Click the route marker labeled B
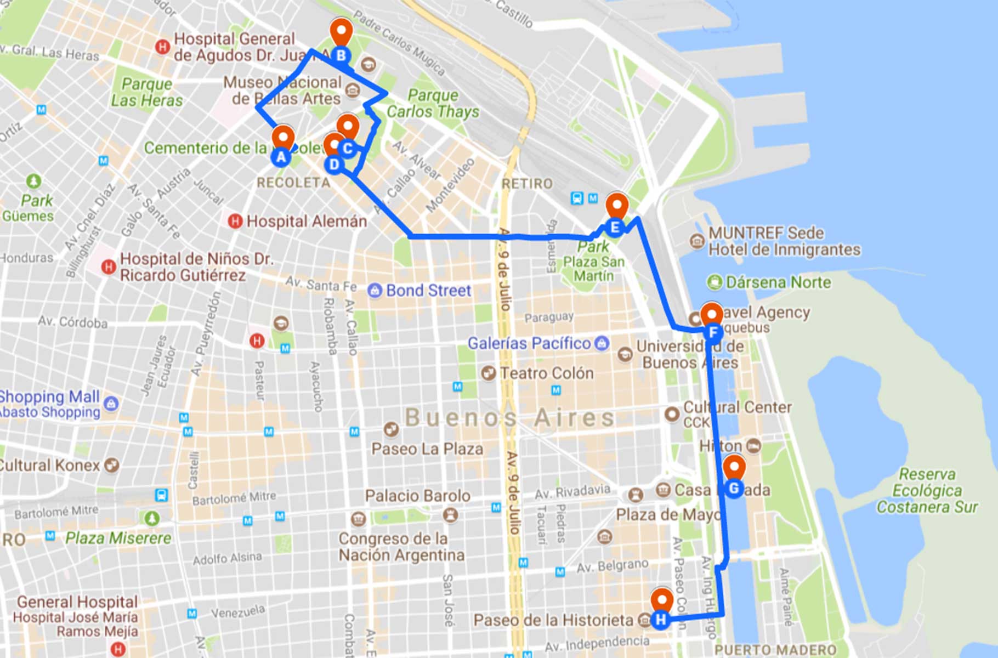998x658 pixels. pos(341,55)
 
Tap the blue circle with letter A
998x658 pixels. pos(281,157)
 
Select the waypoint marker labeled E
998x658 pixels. pos(615,228)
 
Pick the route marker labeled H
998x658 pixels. pos(661,620)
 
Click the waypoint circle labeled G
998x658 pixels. pos(734,488)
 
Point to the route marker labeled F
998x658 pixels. pos(713,332)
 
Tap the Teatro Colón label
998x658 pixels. pos(546,373)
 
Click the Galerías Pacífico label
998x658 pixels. pos(529,343)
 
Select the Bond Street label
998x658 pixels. pos(428,291)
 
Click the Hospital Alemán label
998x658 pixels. pos(307,222)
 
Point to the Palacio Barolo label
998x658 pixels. pos(417,496)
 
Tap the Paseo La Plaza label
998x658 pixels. pos(427,449)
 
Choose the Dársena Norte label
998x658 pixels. pos(778,282)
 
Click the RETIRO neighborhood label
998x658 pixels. pos(527,183)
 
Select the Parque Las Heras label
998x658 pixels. pos(146,92)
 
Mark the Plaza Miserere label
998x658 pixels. pos(118,538)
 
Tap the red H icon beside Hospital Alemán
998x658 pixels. pos(235,221)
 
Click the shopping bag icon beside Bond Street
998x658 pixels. pos(375,290)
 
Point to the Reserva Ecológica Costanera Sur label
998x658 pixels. pos(927,491)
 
